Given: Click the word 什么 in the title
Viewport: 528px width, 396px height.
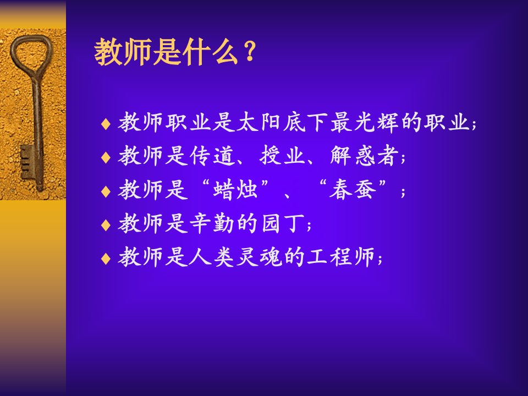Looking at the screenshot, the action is pyautogui.click(x=212, y=52).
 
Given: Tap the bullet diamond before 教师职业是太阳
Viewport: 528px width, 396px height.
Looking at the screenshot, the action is pyautogui.click(x=106, y=124).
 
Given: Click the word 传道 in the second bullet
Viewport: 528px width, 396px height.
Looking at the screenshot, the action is pyautogui.click(x=211, y=156).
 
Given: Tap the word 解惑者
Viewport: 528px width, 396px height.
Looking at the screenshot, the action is pyautogui.click(x=364, y=156).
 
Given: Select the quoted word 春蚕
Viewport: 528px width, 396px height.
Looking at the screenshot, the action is pyautogui.click(x=353, y=189).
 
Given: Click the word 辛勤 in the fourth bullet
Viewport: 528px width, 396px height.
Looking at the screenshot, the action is pyautogui.click(x=211, y=223).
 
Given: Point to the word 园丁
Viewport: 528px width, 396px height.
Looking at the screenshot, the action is pyautogui.click(x=282, y=223).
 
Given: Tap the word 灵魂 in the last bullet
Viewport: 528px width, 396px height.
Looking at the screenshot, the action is pyautogui.click(x=258, y=257).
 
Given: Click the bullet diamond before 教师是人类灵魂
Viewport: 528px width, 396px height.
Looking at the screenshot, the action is pyautogui.click(x=106, y=258).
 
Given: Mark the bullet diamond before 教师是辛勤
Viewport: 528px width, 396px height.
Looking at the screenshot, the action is pyautogui.click(x=106, y=225).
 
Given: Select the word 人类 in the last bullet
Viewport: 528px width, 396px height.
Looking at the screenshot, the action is pyautogui.click(x=211, y=257).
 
